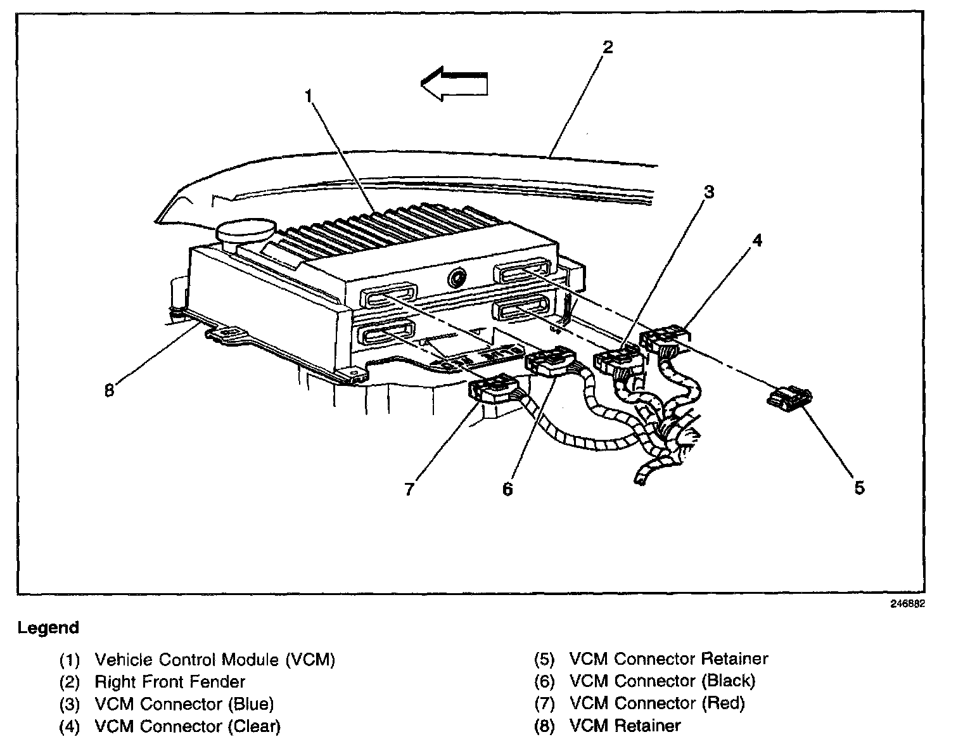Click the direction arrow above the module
click(x=454, y=84)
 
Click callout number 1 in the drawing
click(x=309, y=96)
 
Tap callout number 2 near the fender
click(x=608, y=47)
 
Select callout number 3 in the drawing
click(x=709, y=192)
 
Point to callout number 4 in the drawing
click(x=757, y=241)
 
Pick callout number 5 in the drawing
click(x=859, y=487)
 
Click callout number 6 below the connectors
click(x=507, y=489)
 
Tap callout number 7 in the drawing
click(x=409, y=489)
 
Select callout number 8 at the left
click(x=109, y=390)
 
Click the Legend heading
click(x=48, y=628)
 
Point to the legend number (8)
click(x=544, y=726)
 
